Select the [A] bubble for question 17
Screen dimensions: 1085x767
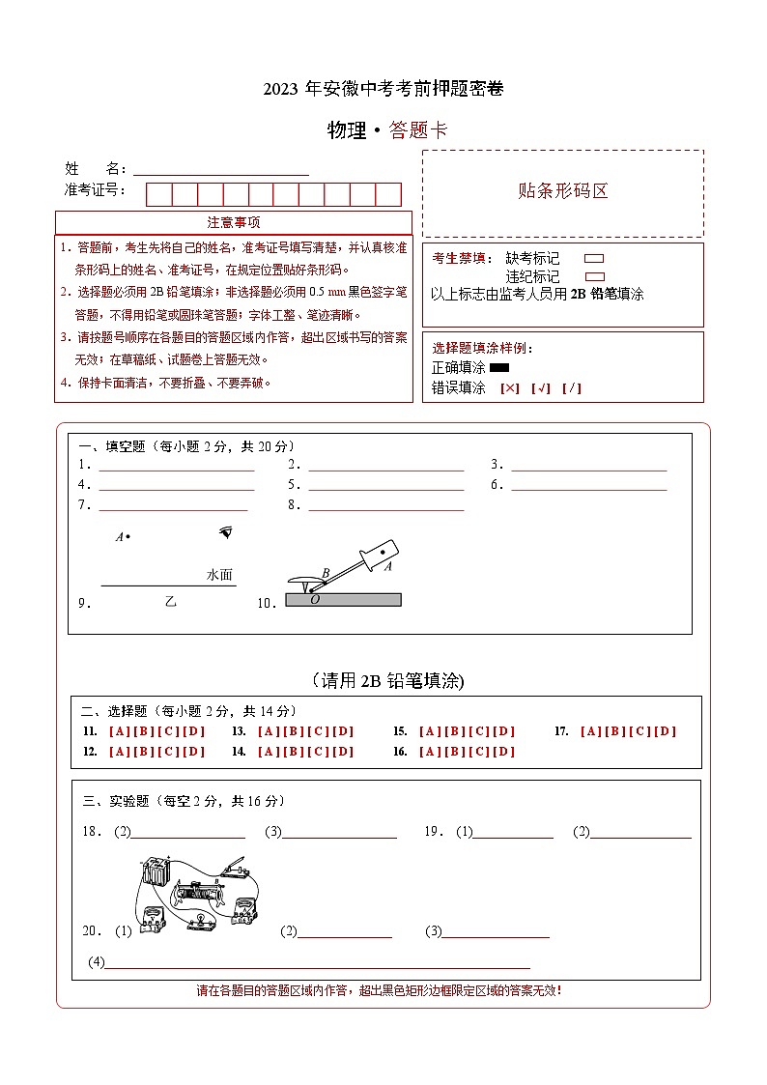click(590, 731)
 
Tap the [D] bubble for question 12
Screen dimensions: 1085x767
click(195, 752)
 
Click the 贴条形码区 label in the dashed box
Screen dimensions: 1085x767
click(563, 191)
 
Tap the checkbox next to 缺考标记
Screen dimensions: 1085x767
click(594, 259)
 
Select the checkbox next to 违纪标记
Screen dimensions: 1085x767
click(594, 276)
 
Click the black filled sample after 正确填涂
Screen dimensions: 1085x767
click(499, 368)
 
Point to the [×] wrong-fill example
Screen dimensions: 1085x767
click(510, 388)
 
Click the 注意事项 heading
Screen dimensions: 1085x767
click(234, 222)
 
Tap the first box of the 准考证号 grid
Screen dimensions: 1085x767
click(158, 194)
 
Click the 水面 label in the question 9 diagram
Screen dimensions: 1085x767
click(219, 575)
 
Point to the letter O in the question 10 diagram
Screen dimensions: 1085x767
click(315, 600)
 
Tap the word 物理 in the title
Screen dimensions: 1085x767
click(347, 131)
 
